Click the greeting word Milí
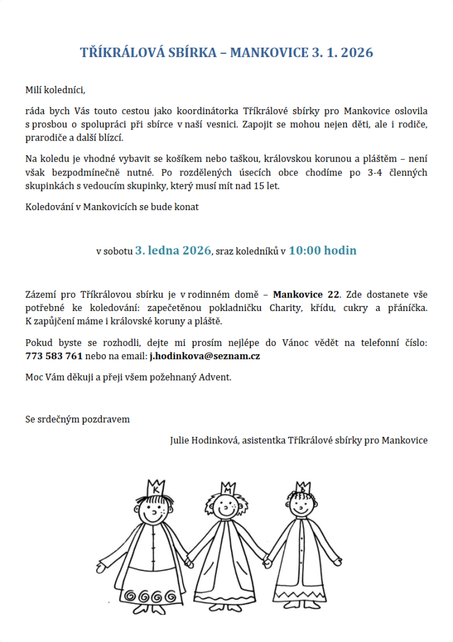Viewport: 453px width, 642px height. tap(34, 90)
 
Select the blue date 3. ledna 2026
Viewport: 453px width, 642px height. tap(173, 251)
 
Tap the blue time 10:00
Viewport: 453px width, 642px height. tap(305, 251)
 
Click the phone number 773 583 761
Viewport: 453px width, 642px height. tap(54, 356)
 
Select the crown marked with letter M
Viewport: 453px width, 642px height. tap(226, 488)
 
